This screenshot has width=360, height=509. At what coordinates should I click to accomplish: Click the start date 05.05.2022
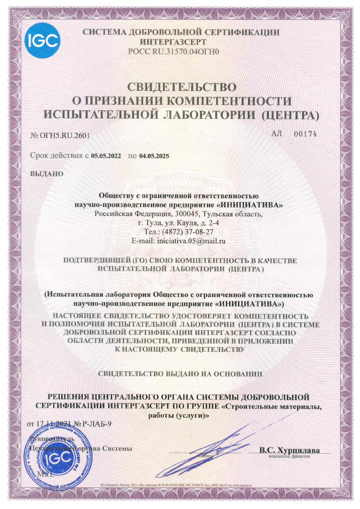106,157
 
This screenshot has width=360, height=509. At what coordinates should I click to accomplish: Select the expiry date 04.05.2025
154,157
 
